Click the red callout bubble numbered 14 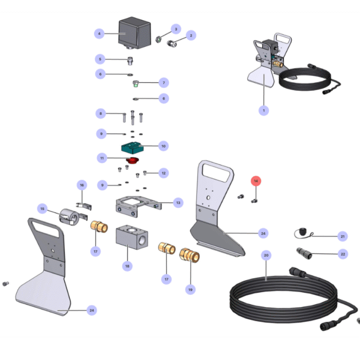tap(256, 181)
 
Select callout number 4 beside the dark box tap(101, 34)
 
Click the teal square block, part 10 tap(133, 146)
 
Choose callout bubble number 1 tap(263, 110)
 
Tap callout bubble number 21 tap(343, 236)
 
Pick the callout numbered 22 tap(343, 254)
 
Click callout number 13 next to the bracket tap(178, 203)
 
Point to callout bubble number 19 tap(190, 289)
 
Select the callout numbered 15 tap(42, 209)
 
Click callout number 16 tap(82, 185)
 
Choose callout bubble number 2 tap(191, 36)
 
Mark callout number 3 tap(176, 29)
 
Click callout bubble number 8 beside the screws tap(101, 113)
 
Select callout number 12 tap(163, 173)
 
